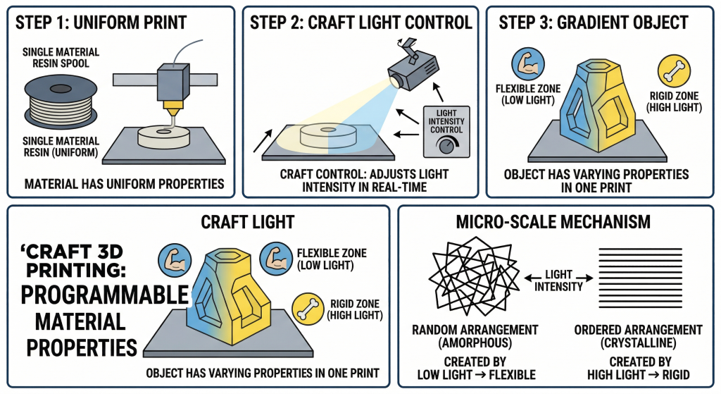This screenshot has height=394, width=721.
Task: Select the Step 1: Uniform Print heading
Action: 101,23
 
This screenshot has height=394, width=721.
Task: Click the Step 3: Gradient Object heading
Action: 593,23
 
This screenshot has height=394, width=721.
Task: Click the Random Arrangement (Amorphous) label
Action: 477,336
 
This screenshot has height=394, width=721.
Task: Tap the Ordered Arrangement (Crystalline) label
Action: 638,336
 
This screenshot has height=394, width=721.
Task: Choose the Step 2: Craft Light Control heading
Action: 361,23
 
